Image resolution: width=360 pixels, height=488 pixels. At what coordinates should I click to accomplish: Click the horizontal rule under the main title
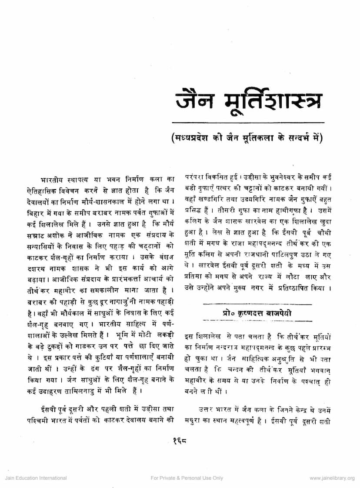tap(248, 123)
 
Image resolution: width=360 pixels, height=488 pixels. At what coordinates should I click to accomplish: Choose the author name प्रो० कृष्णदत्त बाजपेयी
tap(256, 312)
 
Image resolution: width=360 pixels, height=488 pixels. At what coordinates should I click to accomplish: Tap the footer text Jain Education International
tap(36, 478)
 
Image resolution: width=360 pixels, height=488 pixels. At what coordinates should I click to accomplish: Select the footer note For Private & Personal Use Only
tap(187, 478)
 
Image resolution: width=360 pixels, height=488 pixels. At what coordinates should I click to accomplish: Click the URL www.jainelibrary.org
tap(332, 478)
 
